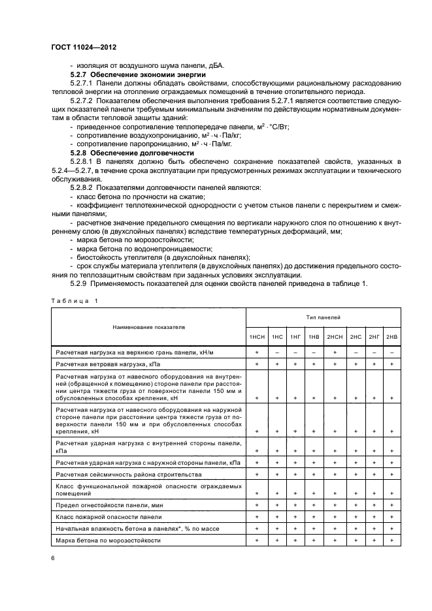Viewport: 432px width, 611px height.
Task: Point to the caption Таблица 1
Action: pyautogui.click(x=73, y=300)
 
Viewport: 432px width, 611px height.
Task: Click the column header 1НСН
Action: pyautogui.click(x=257, y=336)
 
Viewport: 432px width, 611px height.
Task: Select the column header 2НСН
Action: pyautogui.click(x=335, y=336)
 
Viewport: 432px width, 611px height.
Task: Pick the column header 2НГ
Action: pyautogui.click(x=374, y=336)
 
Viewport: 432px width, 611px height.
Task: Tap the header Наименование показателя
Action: pyautogui.click(x=148, y=326)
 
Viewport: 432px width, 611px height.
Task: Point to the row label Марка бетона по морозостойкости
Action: pyautogui.click(x=108, y=540)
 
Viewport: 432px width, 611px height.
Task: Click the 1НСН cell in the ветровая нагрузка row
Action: pyautogui.click(x=257, y=363)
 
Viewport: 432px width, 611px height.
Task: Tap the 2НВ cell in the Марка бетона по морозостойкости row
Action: pyautogui.click(x=391, y=540)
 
